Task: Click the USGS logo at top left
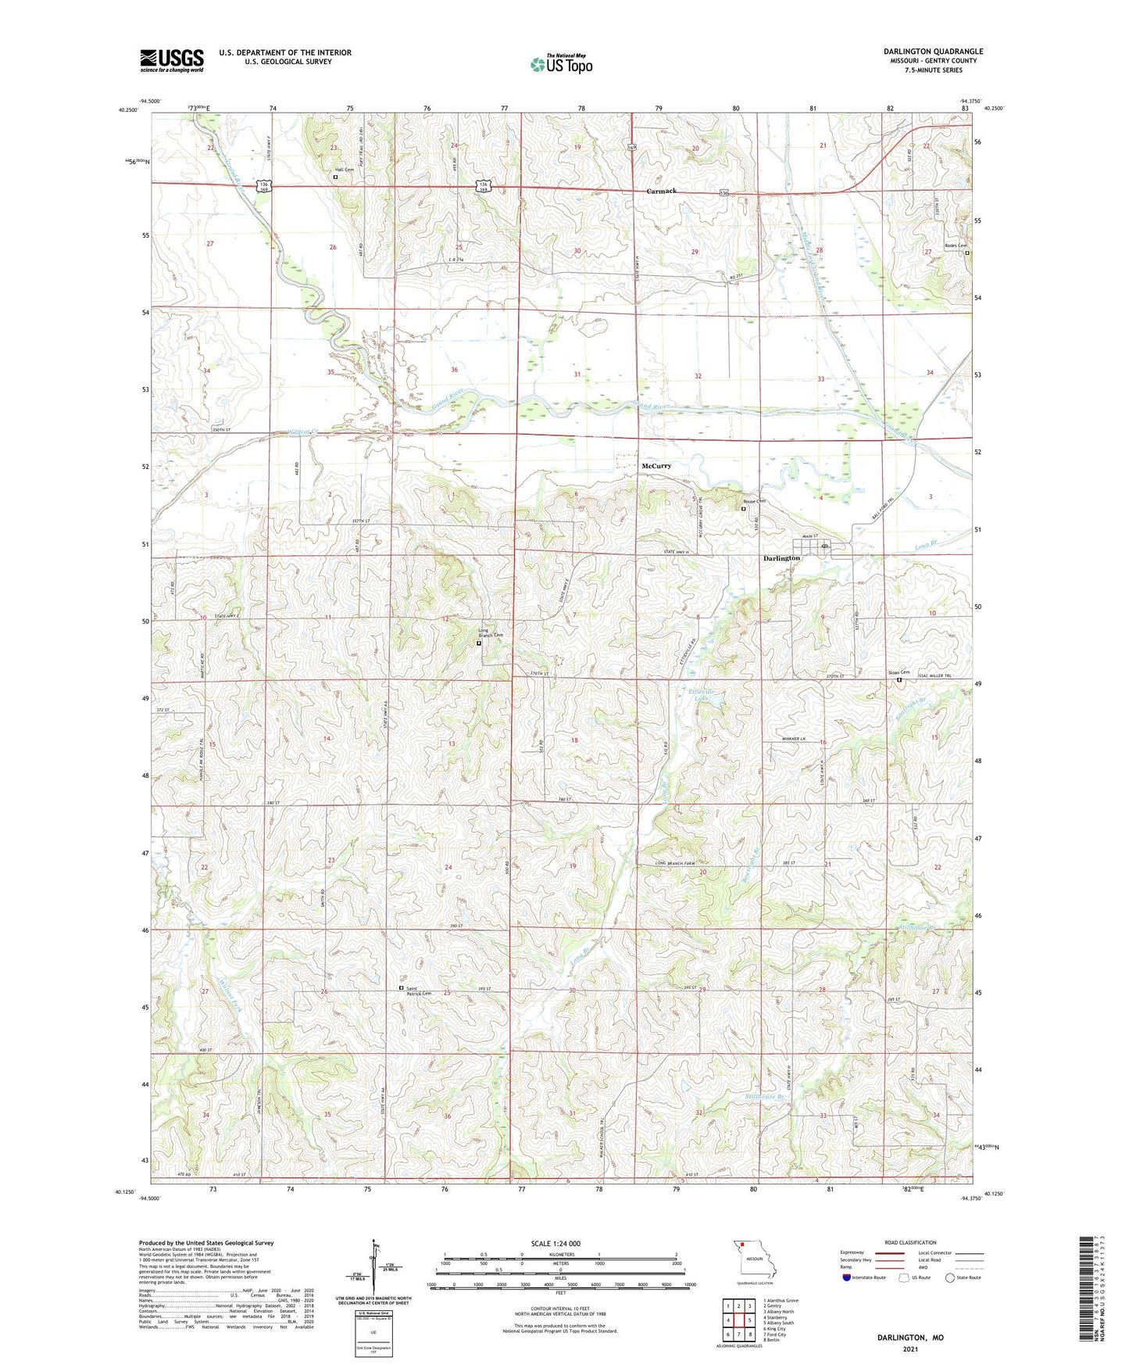click(171, 60)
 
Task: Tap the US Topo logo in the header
click(561, 64)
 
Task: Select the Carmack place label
click(661, 191)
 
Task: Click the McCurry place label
click(656, 466)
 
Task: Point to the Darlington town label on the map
click(781, 558)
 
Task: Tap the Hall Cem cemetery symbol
click(336, 177)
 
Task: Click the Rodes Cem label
click(953, 245)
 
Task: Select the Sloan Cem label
click(899, 672)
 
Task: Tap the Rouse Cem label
click(753, 501)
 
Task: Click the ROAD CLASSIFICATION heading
click(911, 1242)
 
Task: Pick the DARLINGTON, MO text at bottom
click(910, 1338)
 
